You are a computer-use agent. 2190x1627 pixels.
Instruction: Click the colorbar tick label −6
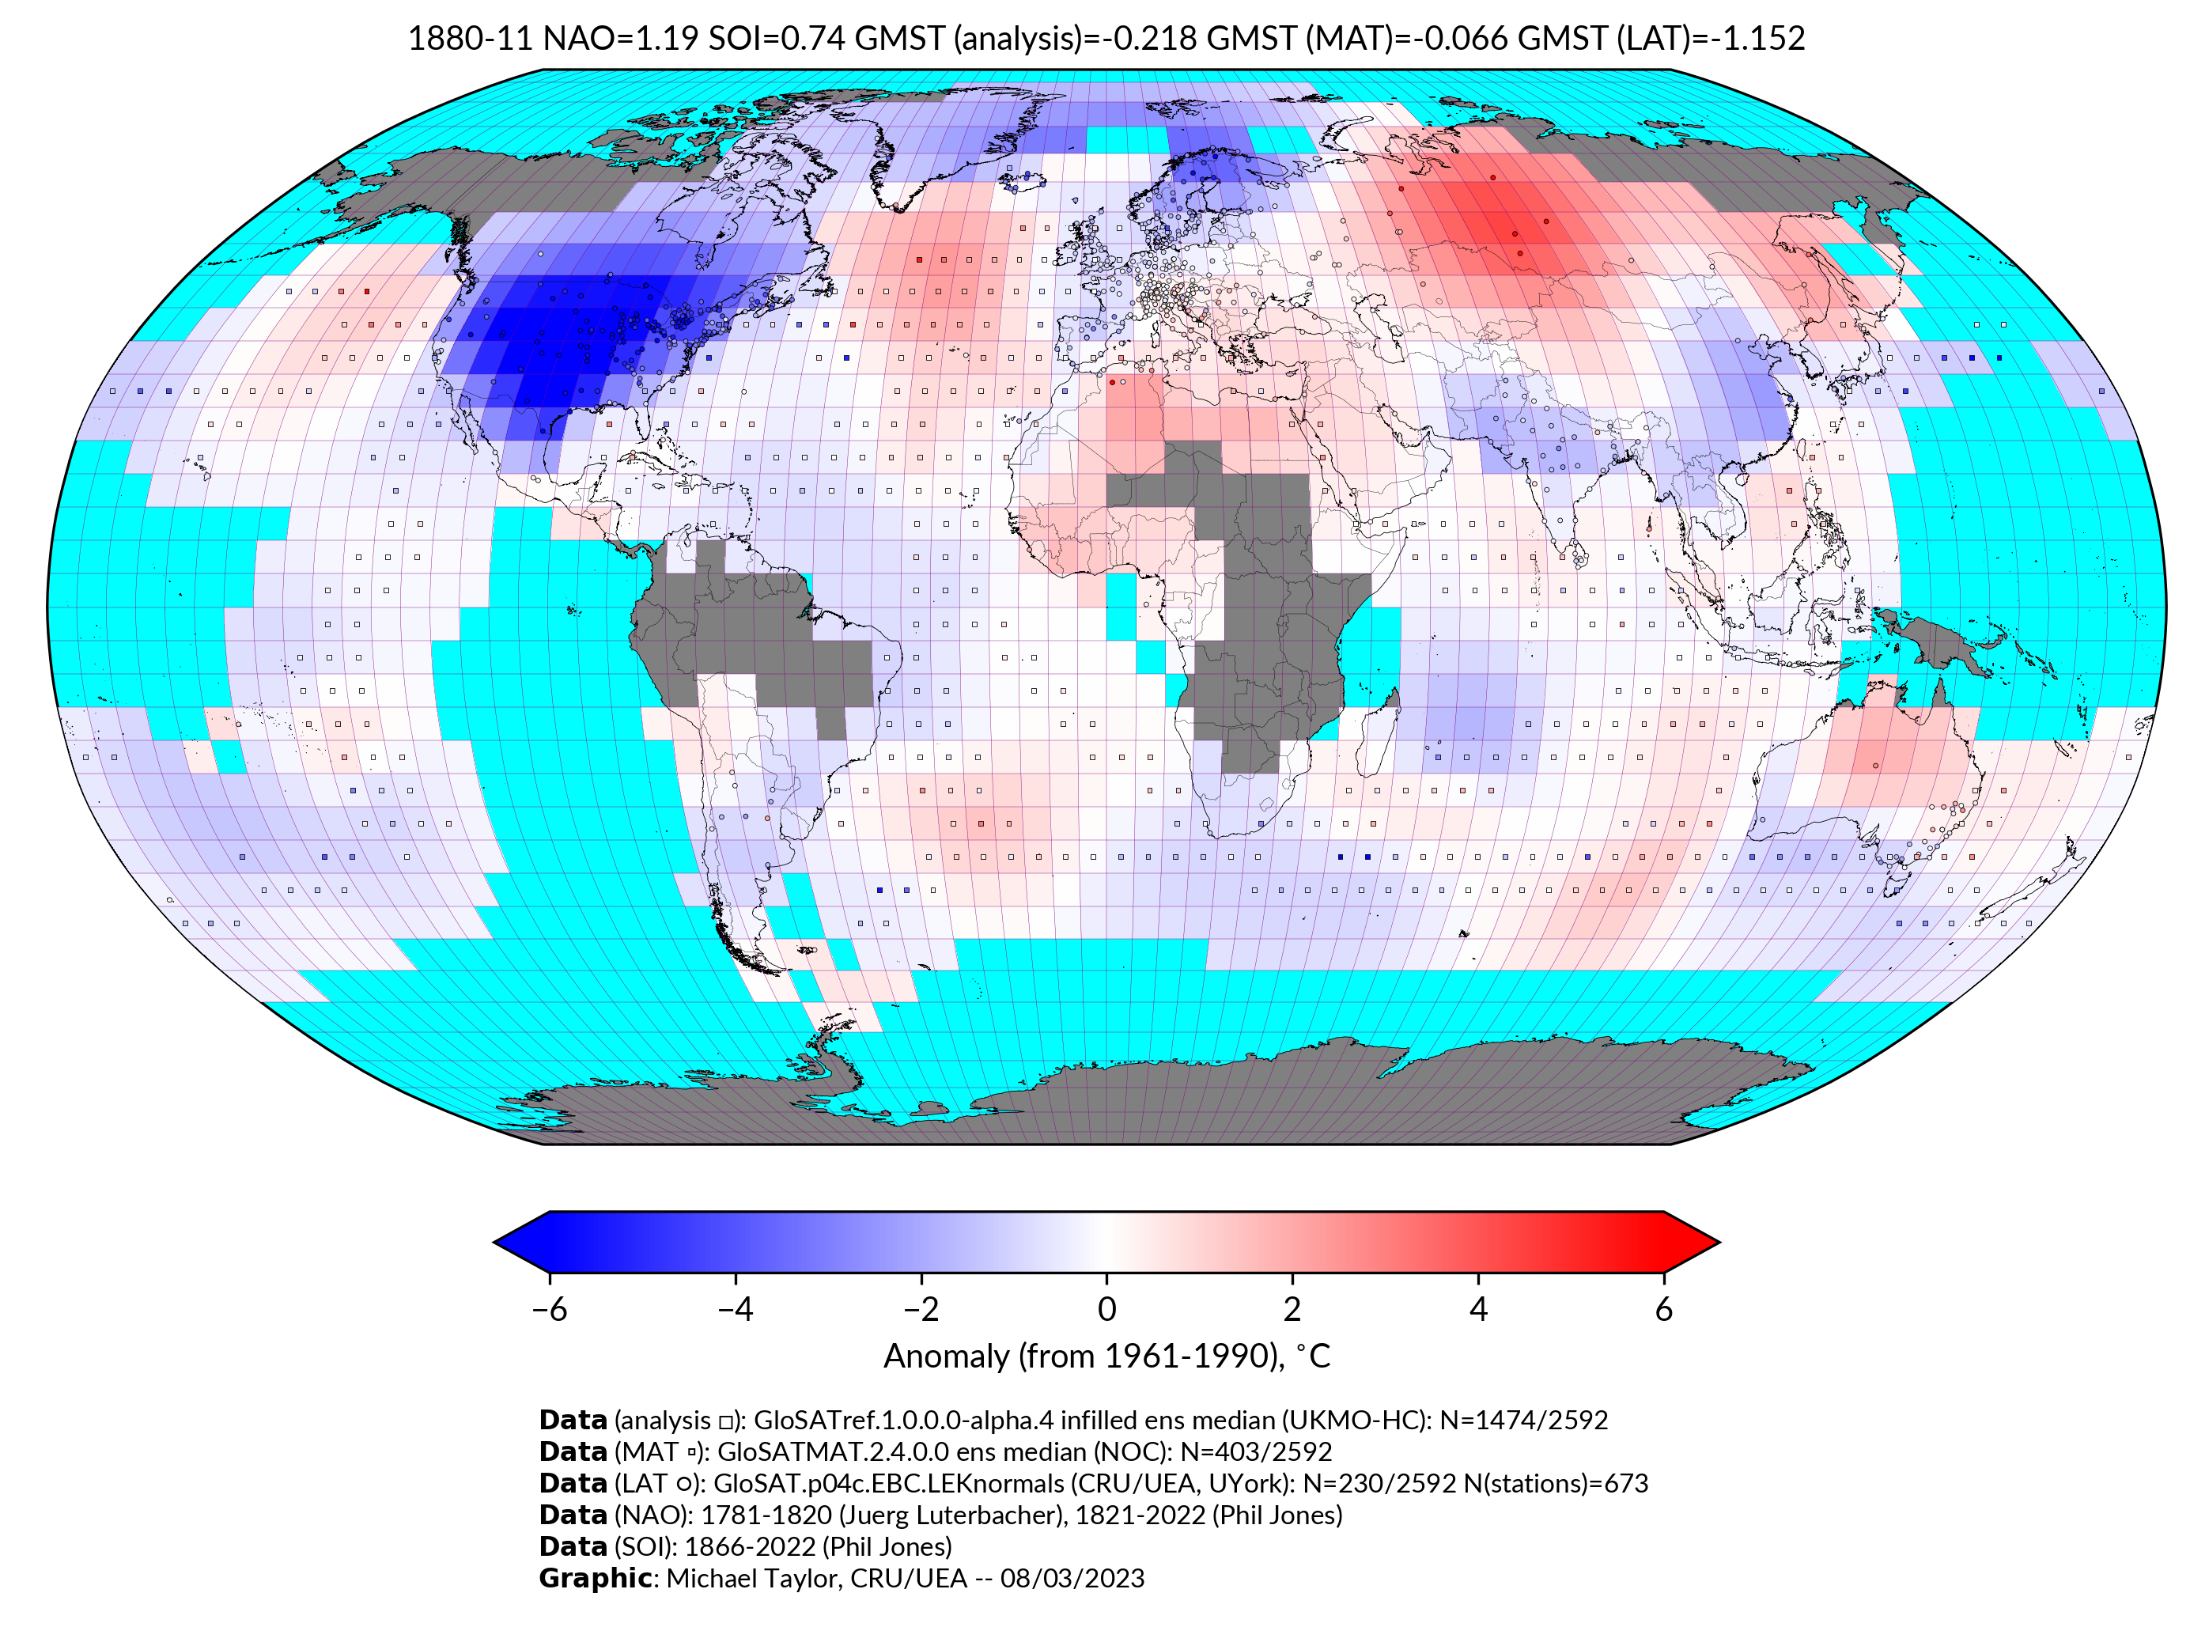(548, 1309)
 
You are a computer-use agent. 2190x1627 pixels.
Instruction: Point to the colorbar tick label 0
(1106, 1309)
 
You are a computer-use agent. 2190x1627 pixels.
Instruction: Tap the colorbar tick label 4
(1477, 1309)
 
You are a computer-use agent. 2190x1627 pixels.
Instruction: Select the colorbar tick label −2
(921, 1309)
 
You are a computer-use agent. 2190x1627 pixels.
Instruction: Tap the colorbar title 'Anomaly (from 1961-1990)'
(1084, 1356)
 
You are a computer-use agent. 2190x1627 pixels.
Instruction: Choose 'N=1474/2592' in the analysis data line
(1522, 1421)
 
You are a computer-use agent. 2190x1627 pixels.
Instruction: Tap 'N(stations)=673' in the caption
(1556, 1483)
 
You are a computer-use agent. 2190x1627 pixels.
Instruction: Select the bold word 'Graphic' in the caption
(595, 1578)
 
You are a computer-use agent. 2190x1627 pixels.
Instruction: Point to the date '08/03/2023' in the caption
(1072, 1578)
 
